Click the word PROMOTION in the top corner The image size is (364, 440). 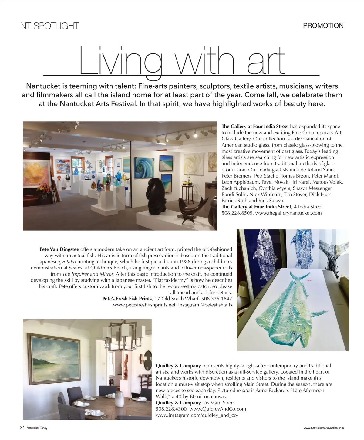[x=323, y=26]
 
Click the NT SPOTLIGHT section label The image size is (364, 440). [x=49, y=26]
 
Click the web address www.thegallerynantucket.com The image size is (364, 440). [x=288, y=213]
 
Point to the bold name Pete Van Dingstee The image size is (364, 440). [x=59, y=249]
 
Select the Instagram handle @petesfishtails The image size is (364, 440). [x=216, y=305]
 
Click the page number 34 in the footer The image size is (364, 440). [x=22, y=428]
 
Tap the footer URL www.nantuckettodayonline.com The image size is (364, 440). [x=323, y=428]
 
